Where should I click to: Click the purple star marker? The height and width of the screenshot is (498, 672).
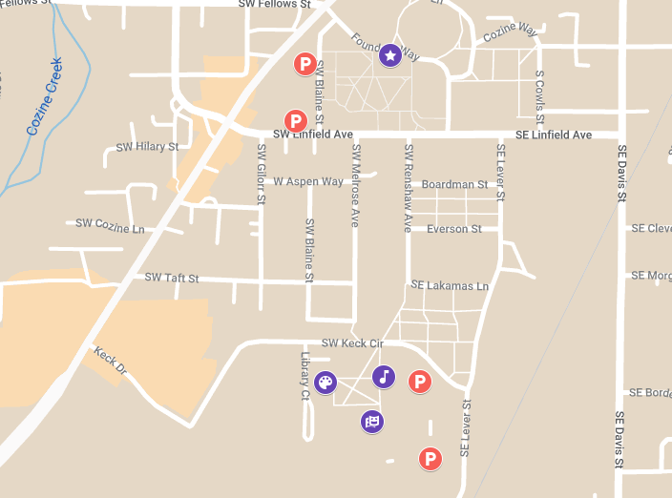point(389,55)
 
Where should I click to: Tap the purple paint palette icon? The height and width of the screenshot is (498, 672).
point(325,384)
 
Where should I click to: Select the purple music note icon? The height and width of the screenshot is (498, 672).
point(384,376)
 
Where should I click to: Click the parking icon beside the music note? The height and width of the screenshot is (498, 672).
point(418,382)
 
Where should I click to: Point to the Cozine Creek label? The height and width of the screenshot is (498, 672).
point(44,96)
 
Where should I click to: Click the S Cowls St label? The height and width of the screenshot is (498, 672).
point(539,98)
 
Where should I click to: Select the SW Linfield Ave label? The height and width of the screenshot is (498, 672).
point(313,135)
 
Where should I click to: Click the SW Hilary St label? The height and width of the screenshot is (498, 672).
point(147,147)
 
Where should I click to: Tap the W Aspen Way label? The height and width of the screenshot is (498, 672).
point(307,181)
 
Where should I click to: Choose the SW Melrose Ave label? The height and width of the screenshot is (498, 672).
point(355,185)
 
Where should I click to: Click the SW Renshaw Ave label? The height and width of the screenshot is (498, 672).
point(408,188)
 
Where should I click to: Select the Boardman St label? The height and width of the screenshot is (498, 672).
point(454,184)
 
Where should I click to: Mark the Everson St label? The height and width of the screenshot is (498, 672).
point(454,229)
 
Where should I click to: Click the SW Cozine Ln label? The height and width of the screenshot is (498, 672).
point(110,224)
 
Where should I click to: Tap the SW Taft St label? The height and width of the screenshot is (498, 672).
point(172,278)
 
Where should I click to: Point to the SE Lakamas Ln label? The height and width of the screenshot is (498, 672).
point(450,285)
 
